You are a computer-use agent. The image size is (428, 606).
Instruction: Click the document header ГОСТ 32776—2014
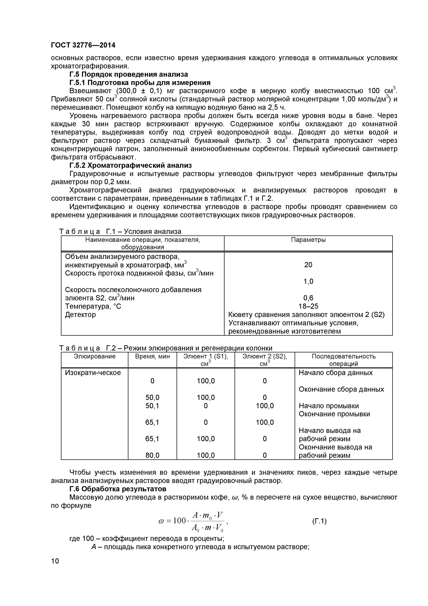tap(83, 45)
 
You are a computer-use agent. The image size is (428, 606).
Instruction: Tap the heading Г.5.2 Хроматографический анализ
tap(130, 165)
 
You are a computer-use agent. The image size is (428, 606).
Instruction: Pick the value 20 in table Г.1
tap(308, 265)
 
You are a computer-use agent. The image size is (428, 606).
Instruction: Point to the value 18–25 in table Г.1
tap(308, 306)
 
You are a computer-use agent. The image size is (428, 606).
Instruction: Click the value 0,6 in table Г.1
tap(308, 298)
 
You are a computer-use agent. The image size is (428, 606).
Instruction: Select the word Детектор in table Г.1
tap(81, 315)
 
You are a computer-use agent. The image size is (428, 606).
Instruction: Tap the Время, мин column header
tap(152, 356)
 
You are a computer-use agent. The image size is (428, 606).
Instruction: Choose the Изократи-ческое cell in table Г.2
tap(93, 373)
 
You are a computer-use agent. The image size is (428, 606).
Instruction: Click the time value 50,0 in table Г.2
tap(152, 398)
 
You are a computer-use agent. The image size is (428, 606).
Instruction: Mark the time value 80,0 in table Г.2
tap(152, 455)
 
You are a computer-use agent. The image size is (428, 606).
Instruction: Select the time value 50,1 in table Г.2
tap(152, 406)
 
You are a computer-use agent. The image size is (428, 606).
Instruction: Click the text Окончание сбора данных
tap(341, 389)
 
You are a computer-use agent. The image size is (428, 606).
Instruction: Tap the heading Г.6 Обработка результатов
tap(118, 489)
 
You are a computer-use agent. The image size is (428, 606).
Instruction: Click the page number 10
tap(55, 561)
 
